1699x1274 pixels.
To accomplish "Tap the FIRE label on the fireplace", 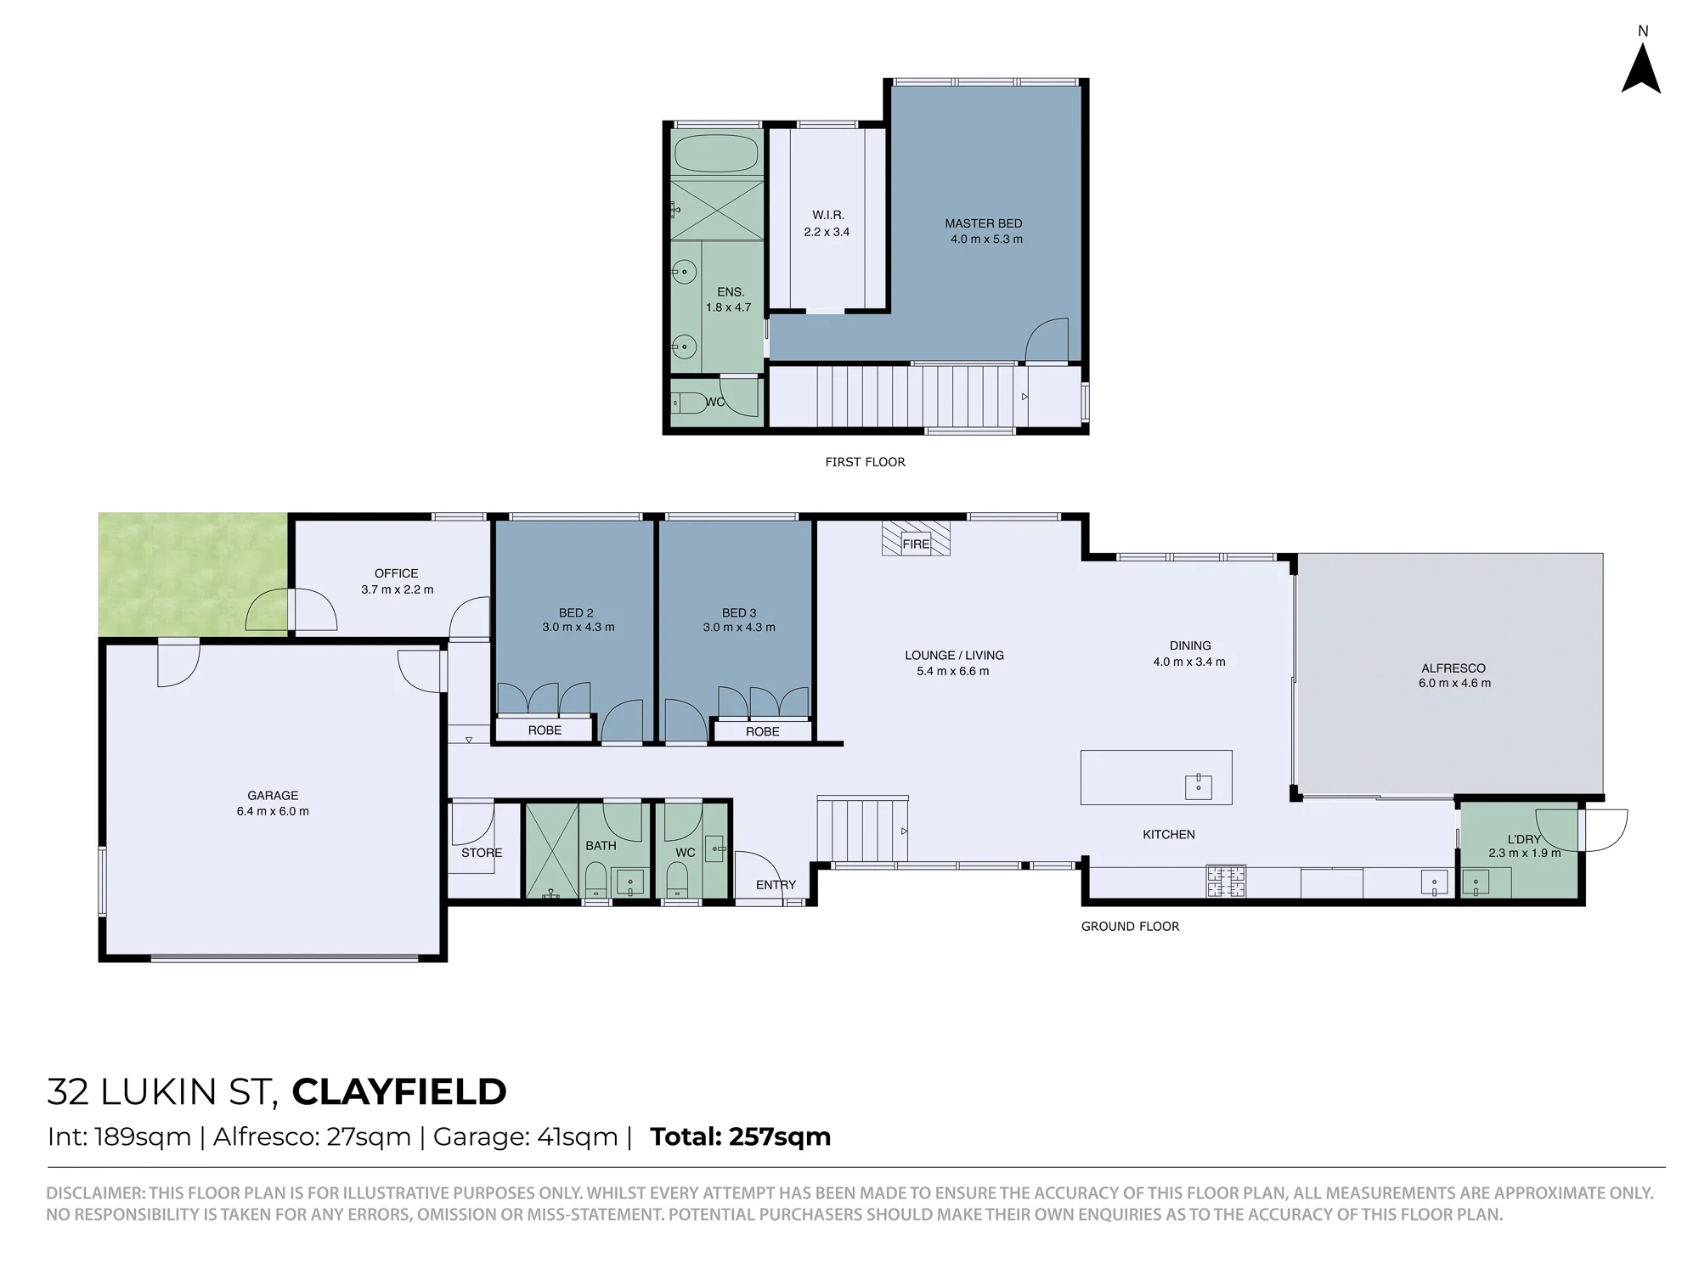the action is [x=916, y=544].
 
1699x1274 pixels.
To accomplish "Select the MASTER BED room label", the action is [x=984, y=223].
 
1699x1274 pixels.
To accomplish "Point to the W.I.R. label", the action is [x=828, y=216].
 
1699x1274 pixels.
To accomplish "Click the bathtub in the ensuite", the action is [x=715, y=154].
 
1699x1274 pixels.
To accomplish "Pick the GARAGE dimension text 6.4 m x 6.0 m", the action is [x=273, y=811].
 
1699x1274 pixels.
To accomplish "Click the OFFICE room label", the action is [x=397, y=573].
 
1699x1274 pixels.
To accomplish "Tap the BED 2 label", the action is [x=576, y=612].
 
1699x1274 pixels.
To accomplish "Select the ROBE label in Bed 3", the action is [x=763, y=731].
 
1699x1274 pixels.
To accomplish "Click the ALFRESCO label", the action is [x=1453, y=668].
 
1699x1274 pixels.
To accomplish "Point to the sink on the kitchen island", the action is [x=1199, y=787].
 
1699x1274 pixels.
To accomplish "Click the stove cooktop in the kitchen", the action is [x=1226, y=882].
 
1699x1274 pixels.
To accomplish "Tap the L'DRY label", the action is [x=1524, y=839].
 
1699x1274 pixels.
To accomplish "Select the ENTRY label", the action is [x=776, y=885].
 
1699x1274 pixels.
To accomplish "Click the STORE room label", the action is [x=482, y=853].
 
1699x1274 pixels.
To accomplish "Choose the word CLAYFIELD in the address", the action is [x=399, y=1092].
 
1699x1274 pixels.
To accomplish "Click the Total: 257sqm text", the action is [x=741, y=1136].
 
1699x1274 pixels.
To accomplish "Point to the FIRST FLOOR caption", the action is [x=866, y=462].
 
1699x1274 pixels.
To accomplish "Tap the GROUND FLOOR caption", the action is [x=1130, y=927].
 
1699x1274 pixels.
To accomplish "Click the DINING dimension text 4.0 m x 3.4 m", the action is [x=1189, y=662].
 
